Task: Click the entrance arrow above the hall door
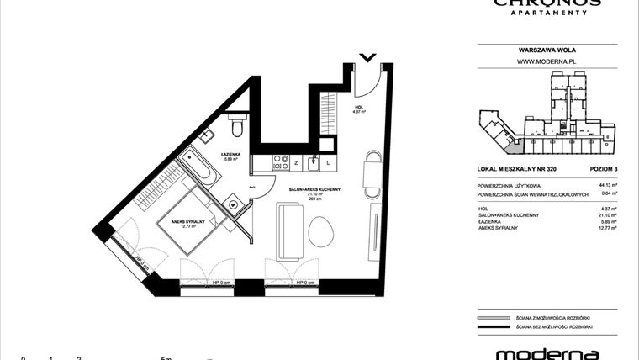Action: [x=367, y=57]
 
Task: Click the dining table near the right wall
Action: [x=371, y=173]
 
